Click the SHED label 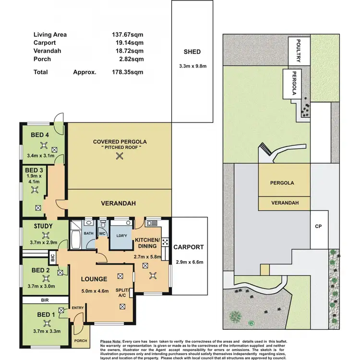pyautogui.click(x=192, y=52)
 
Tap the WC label pyautogui.click(x=102, y=234)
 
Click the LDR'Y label pyautogui.click(x=122, y=236)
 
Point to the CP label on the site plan pyautogui.click(x=317, y=226)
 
